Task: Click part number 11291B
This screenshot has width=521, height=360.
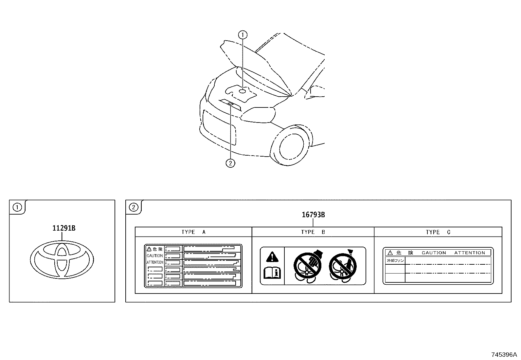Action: [64, 228]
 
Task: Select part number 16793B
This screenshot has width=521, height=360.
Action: [313, 215]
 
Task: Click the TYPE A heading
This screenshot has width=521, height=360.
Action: [193, 232]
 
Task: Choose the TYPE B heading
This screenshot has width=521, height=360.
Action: [313, 232]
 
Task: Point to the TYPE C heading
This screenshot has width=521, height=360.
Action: [438, 232]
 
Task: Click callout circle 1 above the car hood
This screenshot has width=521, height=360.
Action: [243, 34]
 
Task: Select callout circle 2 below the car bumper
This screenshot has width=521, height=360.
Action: [230, 163]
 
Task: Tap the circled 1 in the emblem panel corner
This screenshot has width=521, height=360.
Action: [17, 207]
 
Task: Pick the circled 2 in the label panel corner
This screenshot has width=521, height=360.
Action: [134, 207]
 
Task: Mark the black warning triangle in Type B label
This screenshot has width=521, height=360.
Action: [271, 256]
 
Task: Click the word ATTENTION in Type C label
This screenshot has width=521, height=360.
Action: [470, 253]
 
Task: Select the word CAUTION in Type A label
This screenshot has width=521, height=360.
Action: [154, 256]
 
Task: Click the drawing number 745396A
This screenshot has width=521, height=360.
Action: [504, 355]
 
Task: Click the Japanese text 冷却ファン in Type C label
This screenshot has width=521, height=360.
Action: [395, 261]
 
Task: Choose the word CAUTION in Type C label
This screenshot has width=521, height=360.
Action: [434, 253]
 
